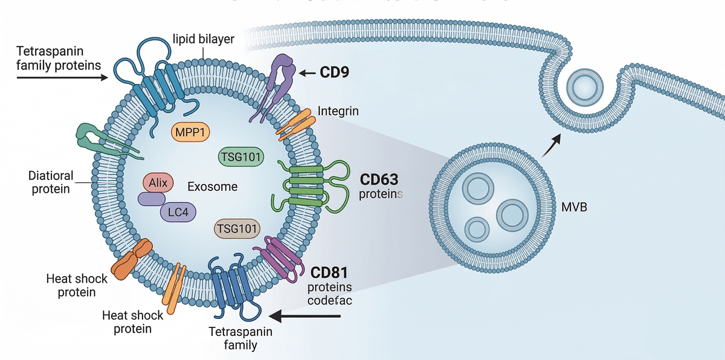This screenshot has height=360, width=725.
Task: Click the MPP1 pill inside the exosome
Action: point(188,132)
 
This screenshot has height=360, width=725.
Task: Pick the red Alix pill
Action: point(158,182)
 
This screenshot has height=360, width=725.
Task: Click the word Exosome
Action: point(212,187)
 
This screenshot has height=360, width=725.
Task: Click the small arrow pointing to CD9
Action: point(309,73)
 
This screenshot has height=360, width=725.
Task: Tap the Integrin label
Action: point(338,111)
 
